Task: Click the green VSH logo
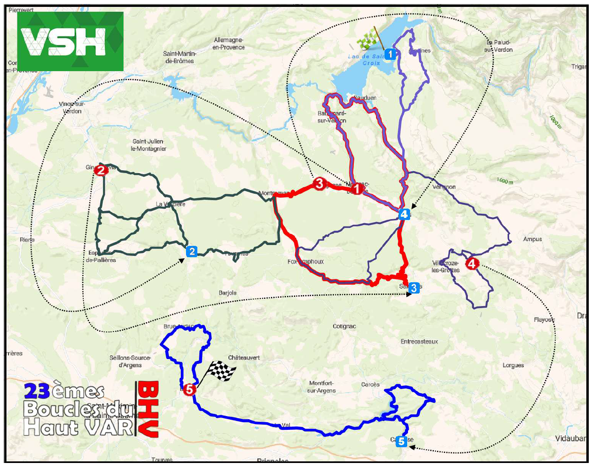(x=70, y=41)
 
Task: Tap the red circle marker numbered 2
(x=101, y=170)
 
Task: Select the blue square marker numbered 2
(x=192, y=252)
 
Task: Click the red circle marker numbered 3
(x=319, y=184)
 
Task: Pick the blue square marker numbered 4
(x=404, y=214)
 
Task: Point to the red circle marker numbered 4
(x=471, y=264)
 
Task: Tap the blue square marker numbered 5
(x=401, y=441)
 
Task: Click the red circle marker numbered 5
(x=189, y=390)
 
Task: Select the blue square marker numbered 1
(x=390, y=54)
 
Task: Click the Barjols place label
(x=228, y=293)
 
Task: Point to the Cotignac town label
(x=344, y=326)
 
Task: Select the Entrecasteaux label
(x=419, y=342)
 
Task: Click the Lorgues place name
(x=513, y=366)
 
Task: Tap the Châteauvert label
(x=244, y=358)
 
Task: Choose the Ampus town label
(x=533, y=239)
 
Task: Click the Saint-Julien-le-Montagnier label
(x=148, y=145)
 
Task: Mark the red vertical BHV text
(x=148, y=409)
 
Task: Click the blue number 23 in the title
(x=37, y=391)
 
